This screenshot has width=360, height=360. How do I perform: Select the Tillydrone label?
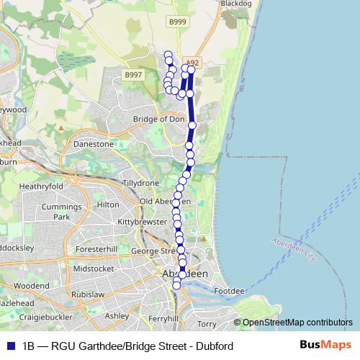[x=140, y=184]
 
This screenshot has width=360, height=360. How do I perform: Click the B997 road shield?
[x=133, y=75]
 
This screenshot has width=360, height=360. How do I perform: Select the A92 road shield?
[x=192, y=63]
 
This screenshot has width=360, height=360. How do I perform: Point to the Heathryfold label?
[x=42, y=186]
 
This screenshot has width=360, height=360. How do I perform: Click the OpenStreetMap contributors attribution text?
[x=297, y=323]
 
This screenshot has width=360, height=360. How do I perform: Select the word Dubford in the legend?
[x=215, y=346]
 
